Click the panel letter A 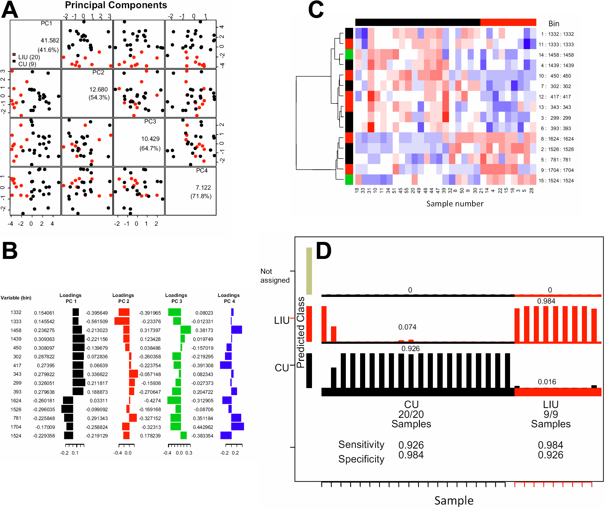tap(9, 10)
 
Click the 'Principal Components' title tap(116, 5)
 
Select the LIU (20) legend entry tap(28, 57)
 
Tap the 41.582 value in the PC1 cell tap(50, 40)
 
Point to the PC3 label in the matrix tap(150, 122)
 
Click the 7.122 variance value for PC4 tap(203, 188)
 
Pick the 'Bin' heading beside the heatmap tap(554, 24)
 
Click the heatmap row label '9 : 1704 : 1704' tap(557, 170)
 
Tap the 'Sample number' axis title tap(455, 204)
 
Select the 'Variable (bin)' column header tap(16, 298)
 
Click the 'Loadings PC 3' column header tap(176, 298)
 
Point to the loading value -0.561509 tap(97, 322)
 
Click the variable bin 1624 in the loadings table tap(16, 401)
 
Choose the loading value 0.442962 tap(203, 427)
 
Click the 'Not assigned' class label tap(275, 276)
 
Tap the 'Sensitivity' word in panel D tap(361, 444)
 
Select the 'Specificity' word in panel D tap(361, 459)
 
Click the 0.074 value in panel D tap(407, 327)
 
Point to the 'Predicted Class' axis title tap(301, 332)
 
